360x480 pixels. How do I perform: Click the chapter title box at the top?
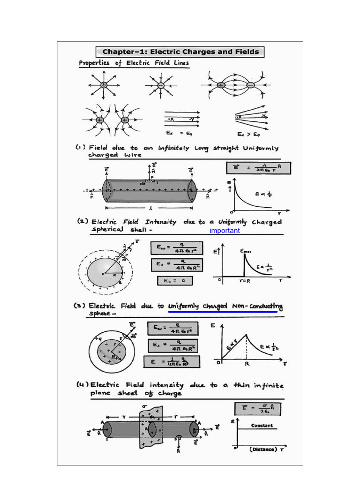tap(180, 52)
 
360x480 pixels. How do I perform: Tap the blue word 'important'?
tap(225, 231)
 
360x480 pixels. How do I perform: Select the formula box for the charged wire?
tap(258, 168)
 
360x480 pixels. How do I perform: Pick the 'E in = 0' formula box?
tap(174, 281)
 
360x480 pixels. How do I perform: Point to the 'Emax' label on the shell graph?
tap(246, 251)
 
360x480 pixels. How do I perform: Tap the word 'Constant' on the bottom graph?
tap(262, 426)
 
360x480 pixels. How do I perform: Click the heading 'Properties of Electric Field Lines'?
tap(134, 63)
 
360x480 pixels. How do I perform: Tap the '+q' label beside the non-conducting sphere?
tap(98, 337)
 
